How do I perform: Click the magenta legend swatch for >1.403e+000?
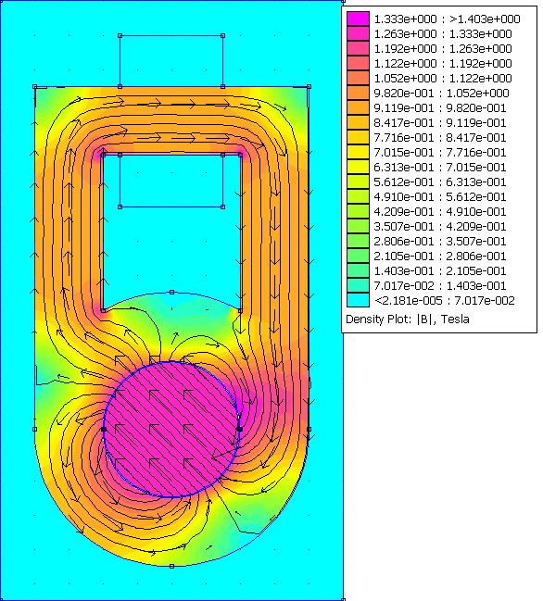pos(359,19)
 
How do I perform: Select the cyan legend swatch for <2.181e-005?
pos(359,300)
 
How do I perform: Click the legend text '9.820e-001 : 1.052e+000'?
pos(441,94)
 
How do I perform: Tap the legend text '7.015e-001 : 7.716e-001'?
pos(440,153)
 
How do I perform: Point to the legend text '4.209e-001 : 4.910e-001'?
pos(440,211)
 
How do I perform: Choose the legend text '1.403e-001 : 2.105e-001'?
pos(440,271)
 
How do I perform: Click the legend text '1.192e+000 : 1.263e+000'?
pos(443,49)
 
